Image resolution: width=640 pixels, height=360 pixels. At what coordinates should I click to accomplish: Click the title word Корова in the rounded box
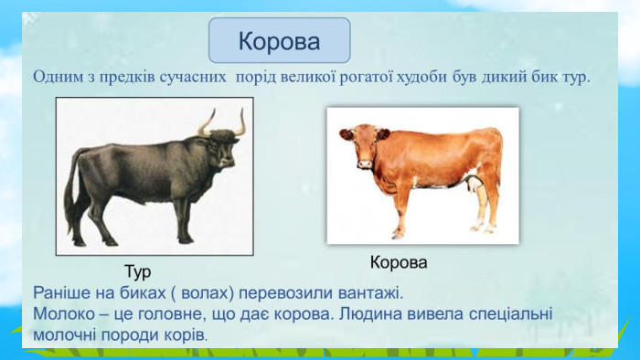tap(279, 41)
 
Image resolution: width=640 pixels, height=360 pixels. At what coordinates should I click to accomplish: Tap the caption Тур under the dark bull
tap(137, 272)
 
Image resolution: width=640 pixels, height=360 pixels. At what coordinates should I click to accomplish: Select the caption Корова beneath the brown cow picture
tap(399, 262)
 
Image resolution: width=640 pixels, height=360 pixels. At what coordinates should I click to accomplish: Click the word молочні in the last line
tap(65, 335)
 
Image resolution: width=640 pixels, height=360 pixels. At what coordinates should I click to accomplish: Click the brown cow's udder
tap(474, 185)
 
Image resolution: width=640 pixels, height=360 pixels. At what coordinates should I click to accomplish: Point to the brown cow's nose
tap(364, 164)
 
